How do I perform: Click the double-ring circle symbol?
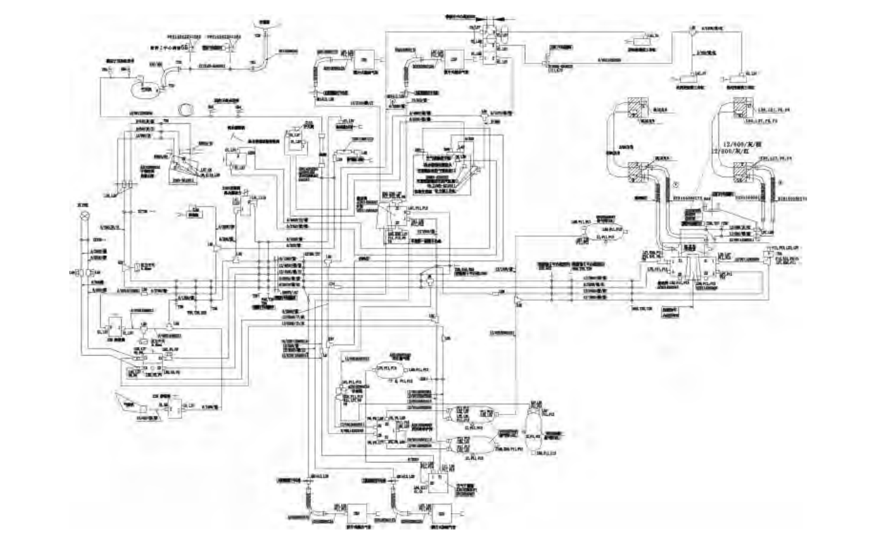(x=184, y=108)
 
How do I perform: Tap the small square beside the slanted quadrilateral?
(x=144, y=408)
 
